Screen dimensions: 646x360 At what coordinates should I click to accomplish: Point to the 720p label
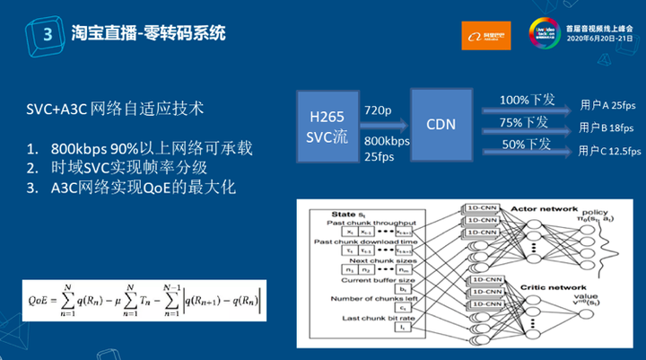(378, 110)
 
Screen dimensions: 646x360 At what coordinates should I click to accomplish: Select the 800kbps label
(387, 141)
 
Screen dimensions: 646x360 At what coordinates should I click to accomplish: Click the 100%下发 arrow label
(527, 98)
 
